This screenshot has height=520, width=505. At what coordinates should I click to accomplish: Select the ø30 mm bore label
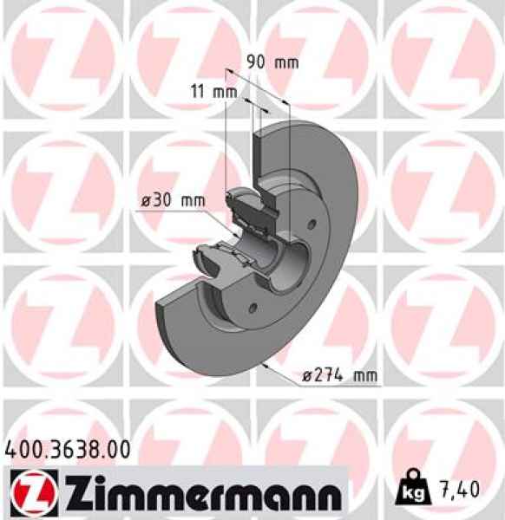173,200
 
